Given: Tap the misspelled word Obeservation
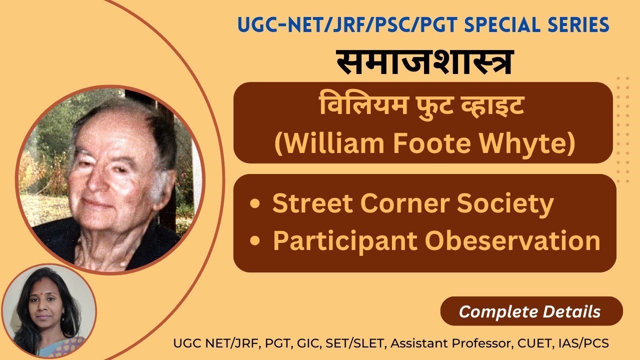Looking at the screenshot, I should click(512, 240).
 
